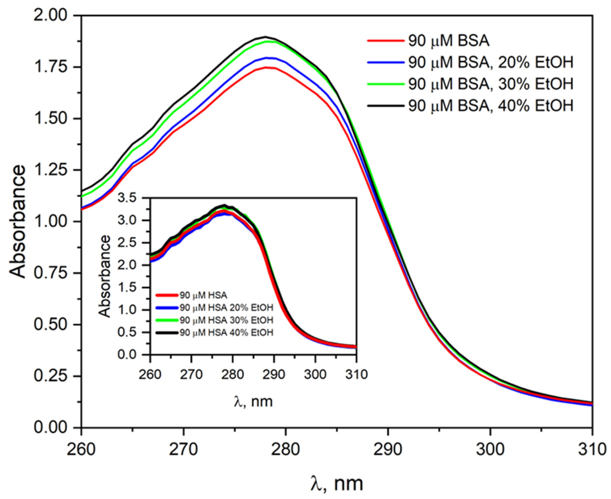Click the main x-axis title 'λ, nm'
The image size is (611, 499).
click(337, 484)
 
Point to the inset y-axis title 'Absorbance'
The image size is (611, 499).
click(104, 276)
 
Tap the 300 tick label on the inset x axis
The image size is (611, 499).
click(315, 375)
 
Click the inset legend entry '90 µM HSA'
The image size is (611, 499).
click(203, 295)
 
